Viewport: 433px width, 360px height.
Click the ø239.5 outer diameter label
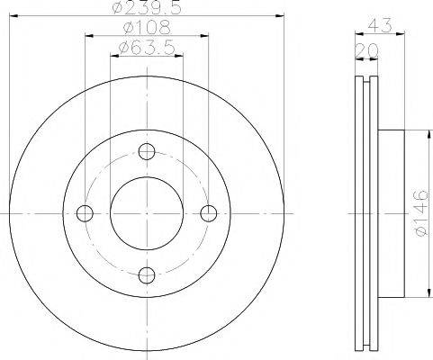pyautogui.click(x=148, y=11)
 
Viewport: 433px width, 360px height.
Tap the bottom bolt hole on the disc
pyautogui.click(x=148, y=275)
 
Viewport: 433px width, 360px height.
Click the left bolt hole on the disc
pyautogui.click(x=86, y=213)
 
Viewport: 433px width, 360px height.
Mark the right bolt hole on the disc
pyautogui.click(x=209, y=213)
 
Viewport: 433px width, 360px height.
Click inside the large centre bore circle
pyautogui.click(x=148, y=213)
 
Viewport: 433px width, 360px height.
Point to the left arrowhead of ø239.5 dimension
pyautogui.click(x=13, y=18)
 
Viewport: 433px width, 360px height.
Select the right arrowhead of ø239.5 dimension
pyautogui.click(x=281, y=18)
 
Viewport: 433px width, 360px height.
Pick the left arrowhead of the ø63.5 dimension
pyautogui.click(x=114, y=57)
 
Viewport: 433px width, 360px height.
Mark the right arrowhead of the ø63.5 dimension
pyautogui.click(x=180, y=57)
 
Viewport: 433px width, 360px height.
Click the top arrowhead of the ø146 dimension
pyautogui.click(x=426, y=136)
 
